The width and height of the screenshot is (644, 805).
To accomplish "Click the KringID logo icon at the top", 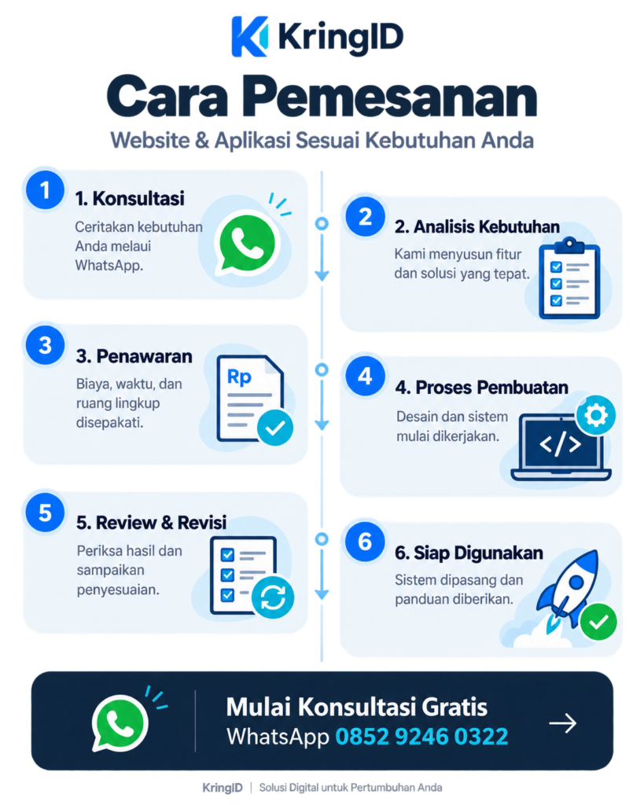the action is [250, 36].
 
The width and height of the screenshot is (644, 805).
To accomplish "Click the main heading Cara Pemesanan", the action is [322, 97].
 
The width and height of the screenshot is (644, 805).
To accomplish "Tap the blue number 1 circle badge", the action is [45, 190].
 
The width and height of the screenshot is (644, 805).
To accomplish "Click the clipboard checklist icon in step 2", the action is [569, 278].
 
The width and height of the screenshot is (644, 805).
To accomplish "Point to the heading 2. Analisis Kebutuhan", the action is [477, 226].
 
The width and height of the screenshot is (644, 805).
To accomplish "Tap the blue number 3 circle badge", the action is [45, 345].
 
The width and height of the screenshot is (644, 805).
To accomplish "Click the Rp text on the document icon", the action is [239, 377].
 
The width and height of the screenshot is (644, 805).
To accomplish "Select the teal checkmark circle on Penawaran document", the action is [275, 427].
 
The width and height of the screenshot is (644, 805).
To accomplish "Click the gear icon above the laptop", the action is [596, 415].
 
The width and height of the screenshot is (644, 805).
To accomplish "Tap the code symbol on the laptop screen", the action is [561, 443].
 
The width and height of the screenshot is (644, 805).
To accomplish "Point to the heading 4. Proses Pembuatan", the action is [482, 387].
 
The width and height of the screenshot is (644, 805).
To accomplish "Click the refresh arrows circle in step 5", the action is [273, 597].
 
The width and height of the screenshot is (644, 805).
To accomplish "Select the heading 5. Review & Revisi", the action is [152, 523].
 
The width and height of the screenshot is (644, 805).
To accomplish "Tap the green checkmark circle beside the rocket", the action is [598, 623].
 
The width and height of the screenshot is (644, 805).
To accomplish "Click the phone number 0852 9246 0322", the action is [421, 737].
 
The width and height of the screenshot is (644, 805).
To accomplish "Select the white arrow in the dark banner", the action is [563, 723].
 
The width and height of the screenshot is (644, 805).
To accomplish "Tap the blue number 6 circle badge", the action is [365, 542].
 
